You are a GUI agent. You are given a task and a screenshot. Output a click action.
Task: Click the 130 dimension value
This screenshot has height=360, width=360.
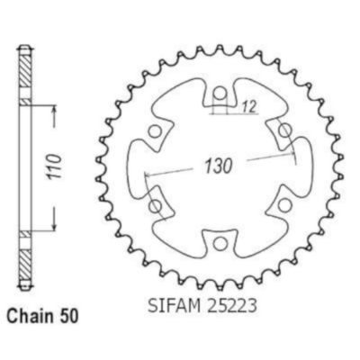[x=219, y=166]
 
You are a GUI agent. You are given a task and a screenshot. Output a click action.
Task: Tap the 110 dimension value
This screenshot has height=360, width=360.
[x=54, y=166]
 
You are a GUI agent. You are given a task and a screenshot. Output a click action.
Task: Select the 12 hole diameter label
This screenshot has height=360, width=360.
[x=249, y=106]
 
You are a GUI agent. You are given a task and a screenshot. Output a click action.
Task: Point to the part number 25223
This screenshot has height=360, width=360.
[x=230, y=306]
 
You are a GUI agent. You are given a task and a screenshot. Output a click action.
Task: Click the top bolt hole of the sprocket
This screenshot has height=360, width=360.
[x=220, y=94]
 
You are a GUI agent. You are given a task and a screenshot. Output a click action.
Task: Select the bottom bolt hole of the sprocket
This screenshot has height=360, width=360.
[x=220, y=244]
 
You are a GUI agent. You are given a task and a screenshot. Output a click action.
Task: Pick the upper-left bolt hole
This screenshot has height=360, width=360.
[x=155, y=131]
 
